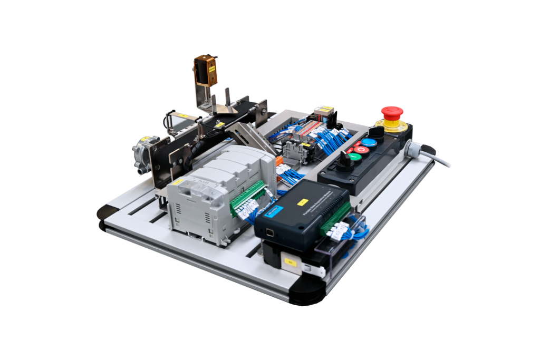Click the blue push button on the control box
(369, 142)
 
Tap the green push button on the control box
(355, 157)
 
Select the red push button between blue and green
(361, 150)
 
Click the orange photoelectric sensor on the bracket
(205, 70)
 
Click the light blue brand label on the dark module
(272, 211)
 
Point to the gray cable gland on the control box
(413, 150)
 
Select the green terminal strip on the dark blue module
(335, 218)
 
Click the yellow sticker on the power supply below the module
(289, 261)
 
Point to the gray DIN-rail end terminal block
(293, 153)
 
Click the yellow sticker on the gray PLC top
(178, 182)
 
